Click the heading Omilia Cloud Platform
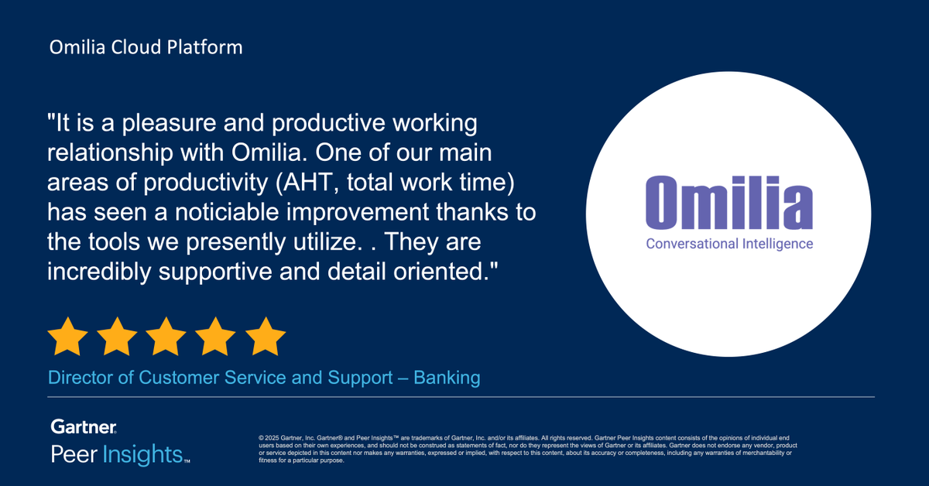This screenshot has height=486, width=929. point(146,47)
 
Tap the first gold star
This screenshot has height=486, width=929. point(68,337)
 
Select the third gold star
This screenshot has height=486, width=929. point(166,337)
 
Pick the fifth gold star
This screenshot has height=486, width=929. point(266,337)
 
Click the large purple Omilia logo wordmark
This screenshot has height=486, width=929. point(729,203)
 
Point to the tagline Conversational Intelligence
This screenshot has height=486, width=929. point(729,244)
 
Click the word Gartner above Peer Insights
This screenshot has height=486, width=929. point(84,427)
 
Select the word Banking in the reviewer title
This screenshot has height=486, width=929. point(447,378)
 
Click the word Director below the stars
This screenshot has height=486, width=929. point(77,378)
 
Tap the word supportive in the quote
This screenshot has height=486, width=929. point(231,271)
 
